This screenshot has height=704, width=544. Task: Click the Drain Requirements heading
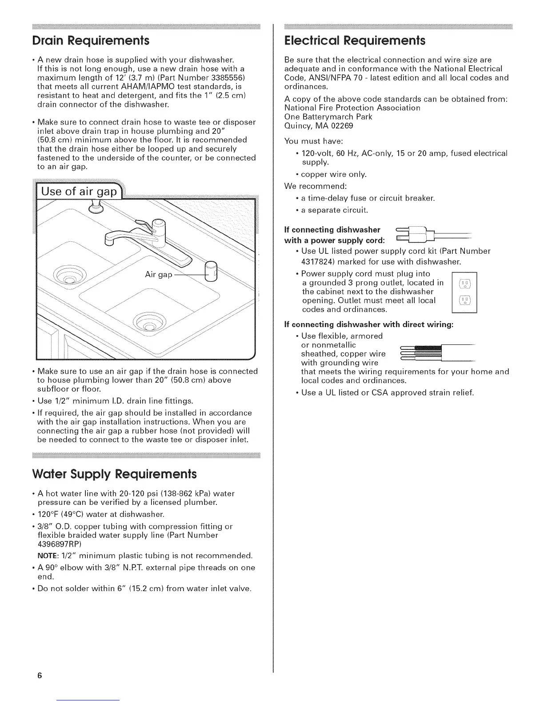pos(91,41)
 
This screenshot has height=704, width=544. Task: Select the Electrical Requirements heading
pos(355,41)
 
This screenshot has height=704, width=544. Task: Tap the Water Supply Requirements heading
pos(115,474)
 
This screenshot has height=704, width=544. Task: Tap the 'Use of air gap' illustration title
pos(79,192)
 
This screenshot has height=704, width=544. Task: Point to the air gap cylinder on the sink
pos(210,272)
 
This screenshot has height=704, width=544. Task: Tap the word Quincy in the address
pos(297,126)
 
